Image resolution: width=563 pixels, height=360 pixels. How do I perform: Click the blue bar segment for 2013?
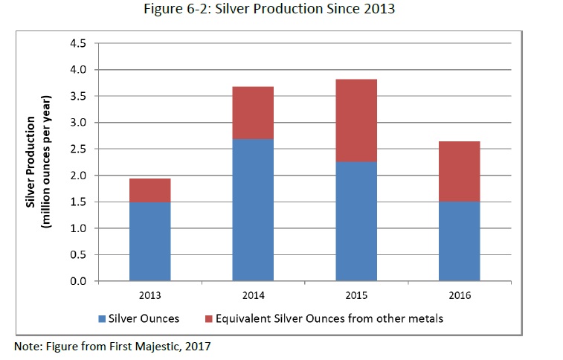(x=150, y=242)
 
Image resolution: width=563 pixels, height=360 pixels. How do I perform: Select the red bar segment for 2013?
(x=150, y=190)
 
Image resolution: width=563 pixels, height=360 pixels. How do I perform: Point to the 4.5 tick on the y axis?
(x=78, y=43)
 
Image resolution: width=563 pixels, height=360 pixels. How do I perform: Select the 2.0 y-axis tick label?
(x=78, y=176)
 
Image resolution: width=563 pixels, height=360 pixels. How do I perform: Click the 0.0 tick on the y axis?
(x=78, y=281)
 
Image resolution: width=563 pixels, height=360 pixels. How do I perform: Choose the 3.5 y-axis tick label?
(x=78, y=96)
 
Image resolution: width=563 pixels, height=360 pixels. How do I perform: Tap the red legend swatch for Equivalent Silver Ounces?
(x=208, y=319)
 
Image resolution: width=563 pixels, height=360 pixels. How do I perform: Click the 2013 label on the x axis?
(x=150, y=295)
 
